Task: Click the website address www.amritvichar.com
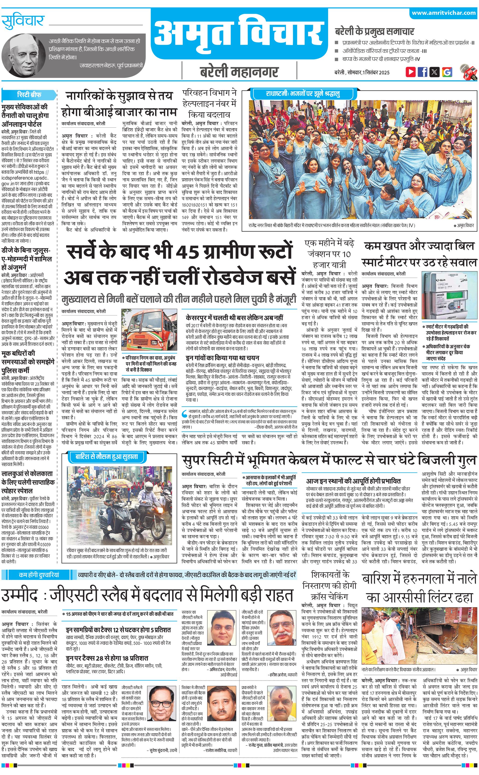(443, 13)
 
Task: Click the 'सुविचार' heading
(23, 22)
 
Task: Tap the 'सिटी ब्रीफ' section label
(29, 94)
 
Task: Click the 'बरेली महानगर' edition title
(239, 72)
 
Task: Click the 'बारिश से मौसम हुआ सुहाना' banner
(107, 457)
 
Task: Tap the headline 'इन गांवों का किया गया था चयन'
(222, 358)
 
